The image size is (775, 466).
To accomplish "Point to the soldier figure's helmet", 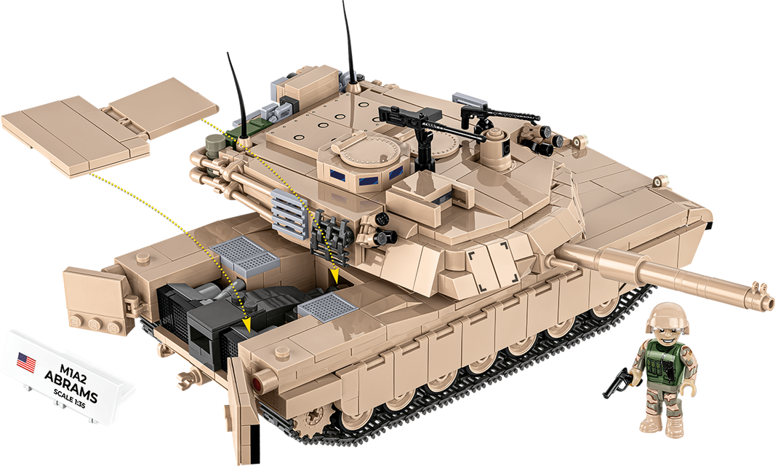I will pos(665,314).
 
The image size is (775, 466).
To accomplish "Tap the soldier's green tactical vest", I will pos(666,363).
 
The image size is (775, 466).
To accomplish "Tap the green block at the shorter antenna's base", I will pos(241,130).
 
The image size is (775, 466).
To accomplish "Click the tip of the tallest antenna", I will pos(342,3).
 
